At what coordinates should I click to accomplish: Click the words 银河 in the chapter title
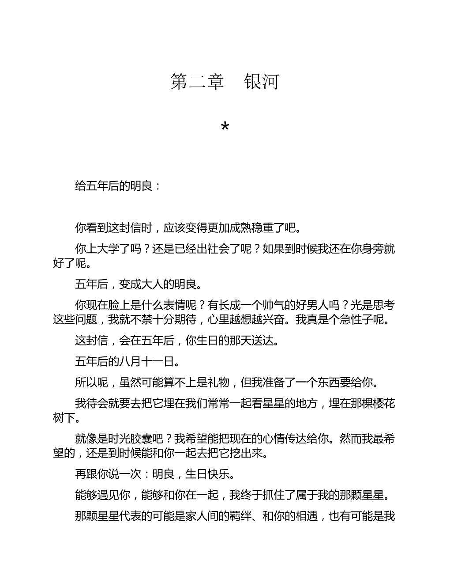[x=262, y=82]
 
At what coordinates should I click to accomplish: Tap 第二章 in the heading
[x=197, y=82]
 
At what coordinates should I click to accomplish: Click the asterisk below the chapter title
[x=225, y=128]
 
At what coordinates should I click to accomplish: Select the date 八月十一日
[x=146, y=362]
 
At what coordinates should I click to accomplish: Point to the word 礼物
[x=218, y=382]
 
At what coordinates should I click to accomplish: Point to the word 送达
[x=262, y=341]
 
